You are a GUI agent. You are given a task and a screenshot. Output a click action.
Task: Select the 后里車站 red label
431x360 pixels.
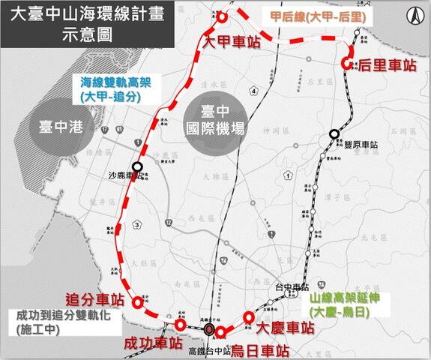(x=387, y=65)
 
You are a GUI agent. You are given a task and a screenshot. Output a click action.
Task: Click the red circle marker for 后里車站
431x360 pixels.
(x=347, y=64)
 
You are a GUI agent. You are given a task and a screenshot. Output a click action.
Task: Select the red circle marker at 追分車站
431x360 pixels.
(x=137, y=303)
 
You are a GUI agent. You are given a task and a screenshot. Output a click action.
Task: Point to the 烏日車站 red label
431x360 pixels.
(x=259, y=349)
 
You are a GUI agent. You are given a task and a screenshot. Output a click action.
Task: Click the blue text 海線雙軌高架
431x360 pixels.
(x=112, y=82)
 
